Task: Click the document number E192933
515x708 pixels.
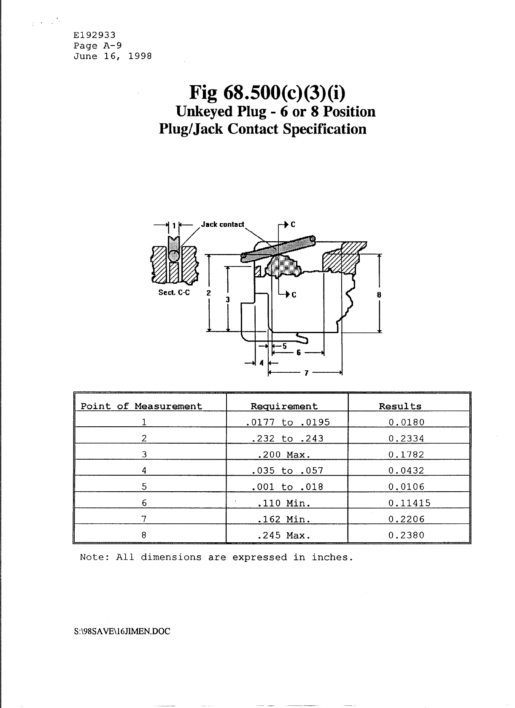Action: click(x=94, y=35)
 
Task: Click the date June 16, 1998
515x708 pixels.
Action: click(x=113, y=57)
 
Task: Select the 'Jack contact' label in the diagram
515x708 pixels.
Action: click(x=222, y=224)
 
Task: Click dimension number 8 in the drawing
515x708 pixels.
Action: click(x=379, y=295)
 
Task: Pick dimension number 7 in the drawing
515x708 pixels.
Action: click(x=306, y=373)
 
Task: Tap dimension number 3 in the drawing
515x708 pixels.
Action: click(x=227, y=300)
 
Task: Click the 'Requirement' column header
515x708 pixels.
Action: click(x=284, y=406)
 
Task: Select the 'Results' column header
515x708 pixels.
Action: click(x=400, y=406)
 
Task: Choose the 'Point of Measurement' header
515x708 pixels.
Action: click(x=141, y=406)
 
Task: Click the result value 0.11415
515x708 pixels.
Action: click(x=409, y=503)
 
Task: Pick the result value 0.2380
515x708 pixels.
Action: click(x=406, y=536)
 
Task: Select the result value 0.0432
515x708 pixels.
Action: click(x=406, y=471)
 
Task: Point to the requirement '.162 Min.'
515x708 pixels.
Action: click(x=284, y=520)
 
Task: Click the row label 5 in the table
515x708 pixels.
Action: click(x=144, y=487)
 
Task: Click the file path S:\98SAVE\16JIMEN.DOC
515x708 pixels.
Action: click(x=122, y=632)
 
